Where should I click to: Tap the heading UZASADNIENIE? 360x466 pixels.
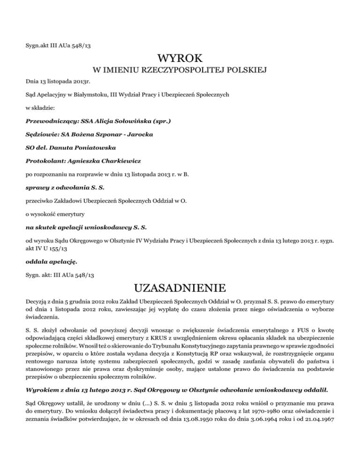pyautogui.click(x=180, y=286)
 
